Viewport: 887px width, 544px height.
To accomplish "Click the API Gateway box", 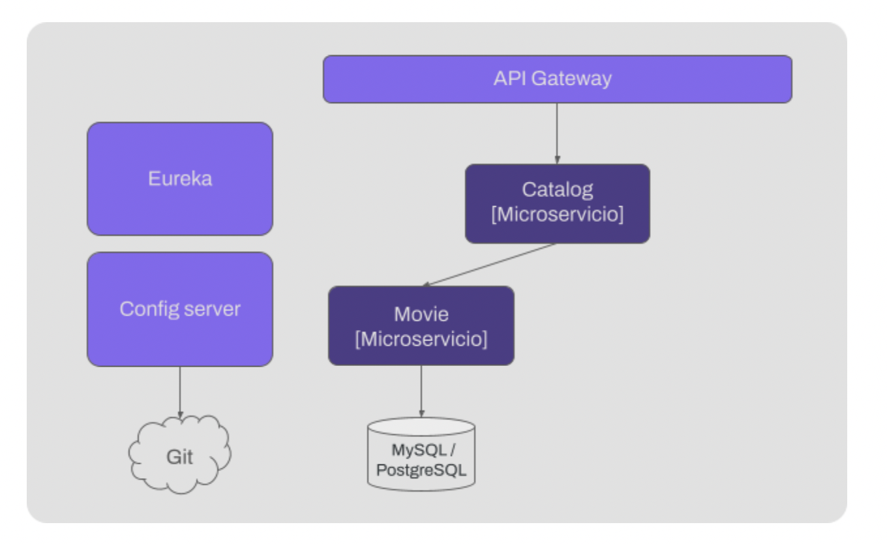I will [x=557, y=79].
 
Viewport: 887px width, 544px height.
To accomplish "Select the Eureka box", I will [x=180, y=179].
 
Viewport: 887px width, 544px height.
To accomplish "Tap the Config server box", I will [x=180, y=309].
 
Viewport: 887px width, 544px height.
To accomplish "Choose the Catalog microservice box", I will [x=557, y=204].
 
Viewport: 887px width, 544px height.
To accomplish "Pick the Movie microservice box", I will [x=421, y=325].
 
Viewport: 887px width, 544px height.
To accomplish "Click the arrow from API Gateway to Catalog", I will [x=557, y=133].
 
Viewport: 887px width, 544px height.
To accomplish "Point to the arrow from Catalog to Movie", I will [x=489, y=265].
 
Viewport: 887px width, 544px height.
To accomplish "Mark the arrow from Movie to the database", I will [x=421, y=391].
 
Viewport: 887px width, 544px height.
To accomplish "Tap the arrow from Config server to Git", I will [x=180, y=391].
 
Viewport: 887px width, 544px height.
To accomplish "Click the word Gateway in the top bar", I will [x=571, y=79].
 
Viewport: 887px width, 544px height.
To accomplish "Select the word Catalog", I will [x=557, y=190].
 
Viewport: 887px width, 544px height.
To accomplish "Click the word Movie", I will [x=421, y=314].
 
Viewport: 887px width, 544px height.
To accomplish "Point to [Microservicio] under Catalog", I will [x=557, y=215].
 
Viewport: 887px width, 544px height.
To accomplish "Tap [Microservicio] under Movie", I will [x=421, y=339].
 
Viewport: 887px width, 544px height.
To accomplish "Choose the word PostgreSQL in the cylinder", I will [x=421, y=469].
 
